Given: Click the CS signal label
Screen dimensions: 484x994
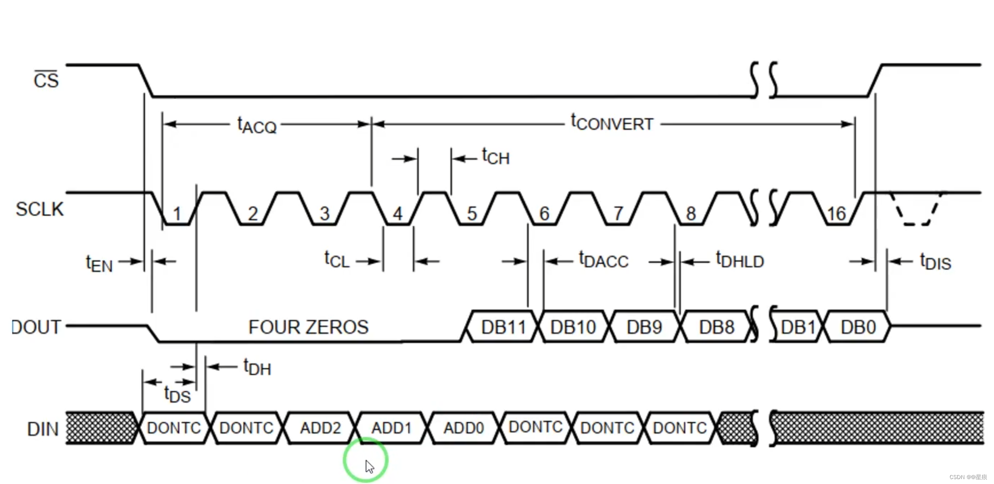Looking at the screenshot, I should (46, 80).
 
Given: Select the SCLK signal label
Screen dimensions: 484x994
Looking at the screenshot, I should (39, 209).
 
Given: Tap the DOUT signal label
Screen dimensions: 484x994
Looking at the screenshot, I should (36, 327).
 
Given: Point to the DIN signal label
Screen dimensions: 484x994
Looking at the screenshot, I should (43, 429).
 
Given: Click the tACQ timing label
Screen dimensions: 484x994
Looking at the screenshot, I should (257, 125).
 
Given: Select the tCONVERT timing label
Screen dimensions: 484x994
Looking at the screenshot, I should (612, 123).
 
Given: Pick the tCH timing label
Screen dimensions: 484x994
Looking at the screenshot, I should (496, 157).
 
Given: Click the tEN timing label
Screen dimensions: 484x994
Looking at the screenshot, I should (99, 263).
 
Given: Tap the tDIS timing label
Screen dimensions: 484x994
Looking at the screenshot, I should (935, 262).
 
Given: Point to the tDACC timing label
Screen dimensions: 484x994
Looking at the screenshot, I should (604, 261).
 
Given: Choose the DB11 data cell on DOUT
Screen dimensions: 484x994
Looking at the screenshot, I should (503, 327).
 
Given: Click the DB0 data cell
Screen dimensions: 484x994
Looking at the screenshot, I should (858, 327).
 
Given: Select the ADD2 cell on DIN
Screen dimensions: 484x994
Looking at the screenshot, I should (320, 428).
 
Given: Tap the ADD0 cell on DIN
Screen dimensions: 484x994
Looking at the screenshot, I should (463, 428).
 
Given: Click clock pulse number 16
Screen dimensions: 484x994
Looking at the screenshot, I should (836, 214).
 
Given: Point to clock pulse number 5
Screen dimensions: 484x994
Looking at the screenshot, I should (472, 214).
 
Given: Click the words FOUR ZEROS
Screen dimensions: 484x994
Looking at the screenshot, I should (308, 327).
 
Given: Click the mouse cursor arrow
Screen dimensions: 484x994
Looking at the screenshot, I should (369, 467).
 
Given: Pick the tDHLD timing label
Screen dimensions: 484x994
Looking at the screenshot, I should (740, 261).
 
